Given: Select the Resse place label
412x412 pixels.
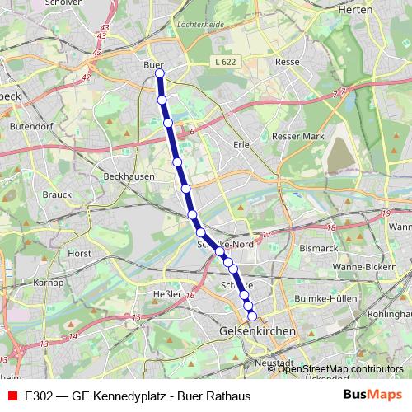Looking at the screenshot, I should point(288,62).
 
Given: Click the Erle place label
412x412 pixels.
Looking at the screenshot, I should point(241,144).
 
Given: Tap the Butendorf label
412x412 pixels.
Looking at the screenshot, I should point(30,127).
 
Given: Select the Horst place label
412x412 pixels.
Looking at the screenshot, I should point(80,254).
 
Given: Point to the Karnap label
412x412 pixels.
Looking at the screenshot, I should point(49,283).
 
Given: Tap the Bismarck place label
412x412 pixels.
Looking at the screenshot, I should point(319,247).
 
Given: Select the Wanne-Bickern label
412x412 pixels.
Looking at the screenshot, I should point(366,268).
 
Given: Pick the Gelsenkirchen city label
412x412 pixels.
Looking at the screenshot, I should point(257,330).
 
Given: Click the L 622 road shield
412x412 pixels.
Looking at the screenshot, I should point(222,62).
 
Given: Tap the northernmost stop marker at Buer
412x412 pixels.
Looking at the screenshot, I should point(160,73).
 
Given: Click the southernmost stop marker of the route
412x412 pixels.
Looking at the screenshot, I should point(252,315).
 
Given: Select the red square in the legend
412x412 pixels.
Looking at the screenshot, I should point(12,395).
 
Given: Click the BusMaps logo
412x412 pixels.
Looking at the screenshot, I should point(372,395).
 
